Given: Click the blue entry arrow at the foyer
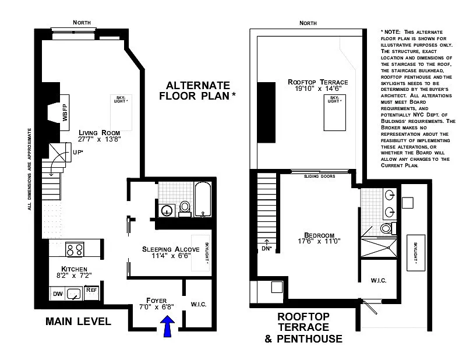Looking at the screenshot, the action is [168, 326].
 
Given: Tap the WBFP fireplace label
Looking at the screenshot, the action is [65, 112].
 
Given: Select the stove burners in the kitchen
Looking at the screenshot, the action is [75, 249].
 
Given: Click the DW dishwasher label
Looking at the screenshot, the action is [58, 294].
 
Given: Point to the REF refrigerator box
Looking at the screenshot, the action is [91, 293].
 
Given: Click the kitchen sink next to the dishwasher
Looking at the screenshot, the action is [74, 294].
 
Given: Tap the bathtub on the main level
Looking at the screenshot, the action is [203, 199].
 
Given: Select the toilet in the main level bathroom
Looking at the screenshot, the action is [185, 208].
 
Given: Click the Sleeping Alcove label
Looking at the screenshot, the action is [171, 249].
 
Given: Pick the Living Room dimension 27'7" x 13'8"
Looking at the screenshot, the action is [99, 139].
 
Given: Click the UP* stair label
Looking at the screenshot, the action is [78, 152].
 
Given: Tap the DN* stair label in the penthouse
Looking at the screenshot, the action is [267, 248].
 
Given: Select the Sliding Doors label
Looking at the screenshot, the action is [319, 177].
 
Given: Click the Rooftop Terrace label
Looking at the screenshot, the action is [317, 82].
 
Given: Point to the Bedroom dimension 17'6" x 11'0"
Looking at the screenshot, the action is [319, 241].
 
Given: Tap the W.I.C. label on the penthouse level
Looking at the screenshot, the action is [379, 280].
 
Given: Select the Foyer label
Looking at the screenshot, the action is [156, 301].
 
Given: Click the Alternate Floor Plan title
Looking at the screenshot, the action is [197, 91].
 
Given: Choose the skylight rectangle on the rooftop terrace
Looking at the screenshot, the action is [334, 112].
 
